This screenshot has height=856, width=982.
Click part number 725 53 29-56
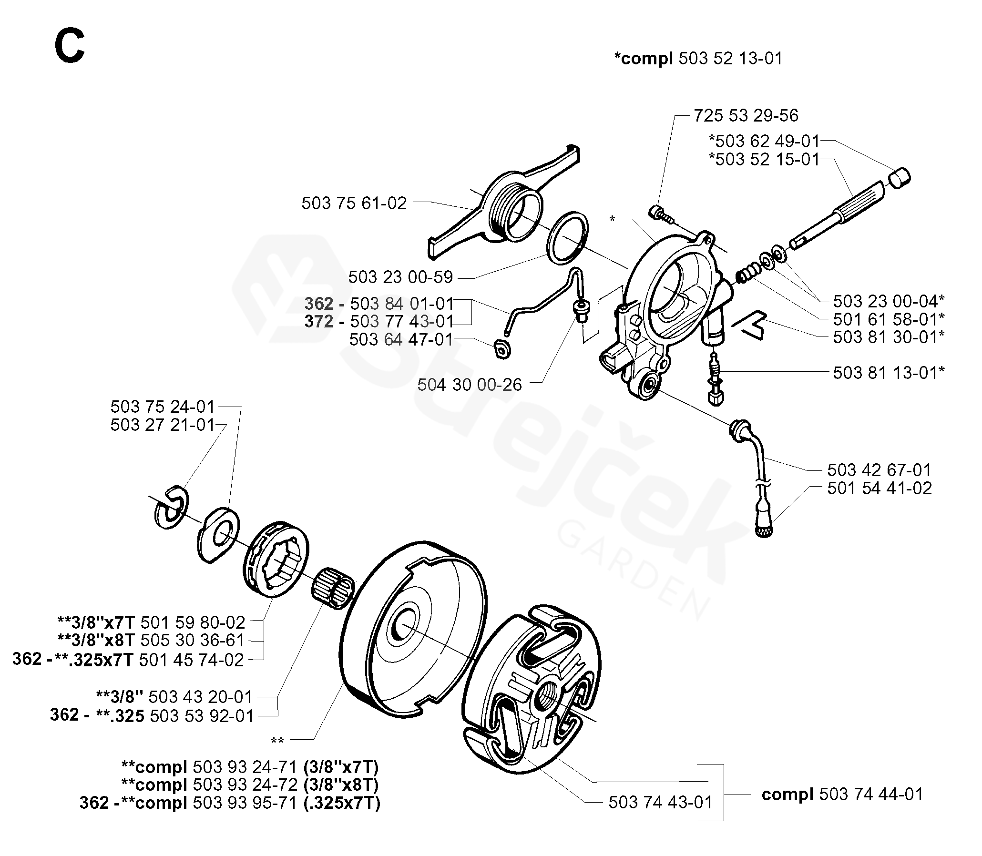click(746, 116)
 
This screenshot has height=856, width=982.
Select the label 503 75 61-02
click(354, 204)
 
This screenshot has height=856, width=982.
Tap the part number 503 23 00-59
click(400, 277)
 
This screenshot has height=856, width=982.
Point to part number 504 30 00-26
click(469, 385)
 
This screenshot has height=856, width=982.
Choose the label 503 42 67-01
click(879, 470)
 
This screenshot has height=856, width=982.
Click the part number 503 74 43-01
click(660, 803)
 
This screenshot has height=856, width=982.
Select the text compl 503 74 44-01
click(842, 795)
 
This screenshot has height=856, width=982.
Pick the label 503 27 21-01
click(163, 425)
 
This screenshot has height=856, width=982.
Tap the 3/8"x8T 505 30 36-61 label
click(151, 641)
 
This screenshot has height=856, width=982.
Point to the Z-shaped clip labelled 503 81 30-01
click(749, 325)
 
